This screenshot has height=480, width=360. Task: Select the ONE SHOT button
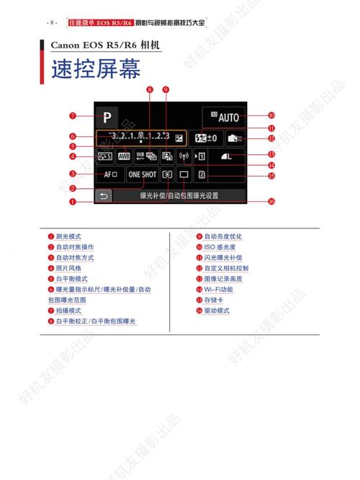143,174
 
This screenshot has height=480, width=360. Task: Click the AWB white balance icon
124,156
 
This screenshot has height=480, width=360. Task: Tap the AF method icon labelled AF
110,174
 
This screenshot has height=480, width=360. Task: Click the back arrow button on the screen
105,195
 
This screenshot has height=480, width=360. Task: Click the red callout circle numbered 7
72,115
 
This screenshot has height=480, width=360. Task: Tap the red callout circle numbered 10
271,115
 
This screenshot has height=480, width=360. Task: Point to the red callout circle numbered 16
271,202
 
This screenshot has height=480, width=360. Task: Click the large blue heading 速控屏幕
95,70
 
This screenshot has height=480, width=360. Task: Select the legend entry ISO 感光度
220,246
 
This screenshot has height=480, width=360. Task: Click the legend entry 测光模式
69,236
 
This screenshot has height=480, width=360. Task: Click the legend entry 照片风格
69,268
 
